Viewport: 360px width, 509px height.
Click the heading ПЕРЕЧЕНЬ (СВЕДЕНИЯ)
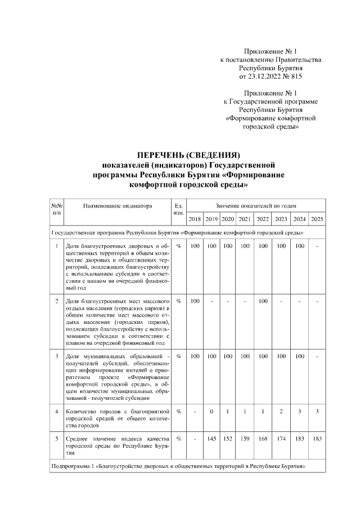pyautogui.click(x=189, y=155)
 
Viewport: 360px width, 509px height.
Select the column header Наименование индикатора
pyautogui.click(x=118, y=206)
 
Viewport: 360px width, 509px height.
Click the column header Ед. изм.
pyautogui.click(x=178, y=210)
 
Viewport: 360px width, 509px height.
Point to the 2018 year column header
pyautogui.click(x=195, y=219)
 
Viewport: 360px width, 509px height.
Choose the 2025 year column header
pyautogui.click(x=317, y=219)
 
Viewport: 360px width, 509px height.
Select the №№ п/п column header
pyautogui.click(x=57, y=210)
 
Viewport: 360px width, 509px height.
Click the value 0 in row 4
pyautogui.click(x=211, y=411)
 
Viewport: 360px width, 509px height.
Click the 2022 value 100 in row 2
pyautogui.click(x=263, y=301)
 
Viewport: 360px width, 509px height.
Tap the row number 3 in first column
pyautogui.click(x=57, y=356)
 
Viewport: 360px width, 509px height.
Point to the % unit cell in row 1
pyautogui.click(x=178, y=246)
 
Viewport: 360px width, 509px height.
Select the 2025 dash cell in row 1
pyautogui.click(x=317, y=246)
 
